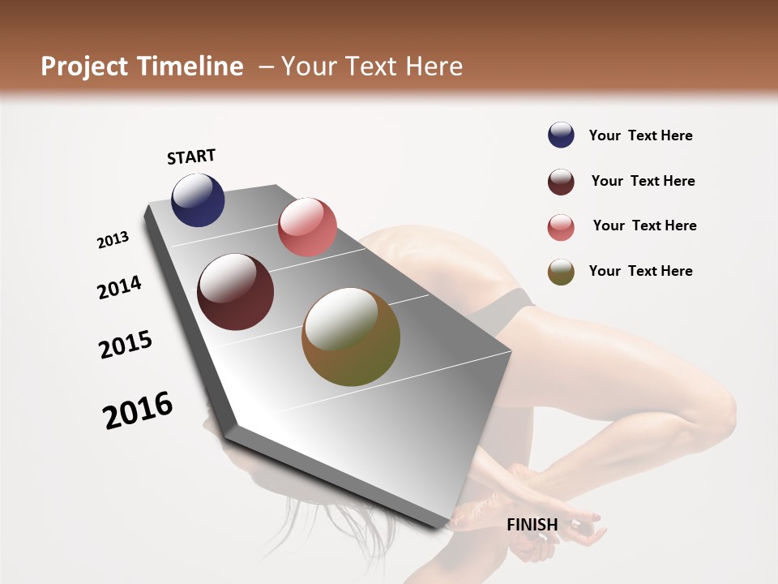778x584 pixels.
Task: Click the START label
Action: click(191, 157)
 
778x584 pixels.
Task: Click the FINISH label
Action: click(532, 525)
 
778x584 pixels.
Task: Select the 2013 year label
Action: click(113, 240)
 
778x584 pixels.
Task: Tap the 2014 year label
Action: click(119, 288)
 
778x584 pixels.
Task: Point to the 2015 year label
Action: click(126, 345)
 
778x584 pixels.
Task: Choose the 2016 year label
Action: click(138, 410)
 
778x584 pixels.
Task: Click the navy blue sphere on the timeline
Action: click(198, 200)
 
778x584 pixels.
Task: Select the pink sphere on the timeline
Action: click(307, 227)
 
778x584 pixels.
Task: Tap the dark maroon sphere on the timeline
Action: click(236, 292)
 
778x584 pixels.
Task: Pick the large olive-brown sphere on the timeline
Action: click(351, 337)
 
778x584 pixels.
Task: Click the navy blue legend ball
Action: click(561, 135)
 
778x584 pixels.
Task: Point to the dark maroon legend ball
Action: click(561, 182)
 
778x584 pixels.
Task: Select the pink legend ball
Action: click(561, 227)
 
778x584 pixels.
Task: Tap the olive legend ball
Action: click(561, 272)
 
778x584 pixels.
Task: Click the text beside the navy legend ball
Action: click(640, 136)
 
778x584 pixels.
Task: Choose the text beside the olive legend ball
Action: click(640, 271)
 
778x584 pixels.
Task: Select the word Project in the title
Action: click(84, 67)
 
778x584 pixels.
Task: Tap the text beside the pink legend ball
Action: click(644, 225)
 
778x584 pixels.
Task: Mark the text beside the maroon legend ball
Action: click(643, 181)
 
